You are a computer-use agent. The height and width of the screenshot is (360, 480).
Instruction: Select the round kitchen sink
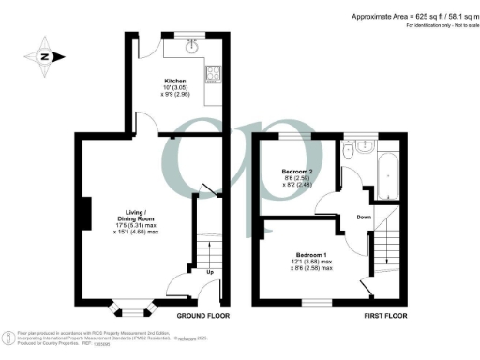tap(193, 42)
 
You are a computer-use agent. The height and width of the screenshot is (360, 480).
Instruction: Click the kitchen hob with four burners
tap(213, 74)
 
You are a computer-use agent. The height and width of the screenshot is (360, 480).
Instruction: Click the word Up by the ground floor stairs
tap(210, 274)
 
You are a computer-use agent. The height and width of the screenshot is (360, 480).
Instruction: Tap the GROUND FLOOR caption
tap(202, 316)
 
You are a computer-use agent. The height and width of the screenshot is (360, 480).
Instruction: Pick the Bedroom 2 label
tap(298, 172)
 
